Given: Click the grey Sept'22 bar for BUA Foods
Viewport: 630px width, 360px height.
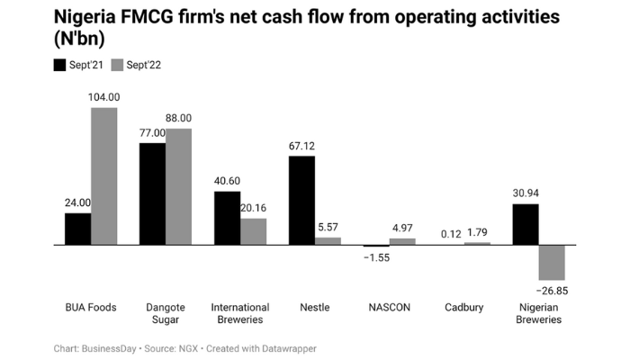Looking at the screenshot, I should pyautogui.click(x=103, y=175).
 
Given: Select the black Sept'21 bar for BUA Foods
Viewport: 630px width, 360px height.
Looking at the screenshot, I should pyautogui.click(x=77, y=229).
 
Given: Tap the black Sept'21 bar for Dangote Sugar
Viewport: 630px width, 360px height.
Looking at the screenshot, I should pyautogui.click(x=152, y=193).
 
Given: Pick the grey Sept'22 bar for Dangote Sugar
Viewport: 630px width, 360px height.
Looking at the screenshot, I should pyautogui.click(x=178, y=186).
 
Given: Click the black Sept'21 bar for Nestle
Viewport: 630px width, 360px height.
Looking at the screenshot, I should pyautogui.click(x=301, y=200).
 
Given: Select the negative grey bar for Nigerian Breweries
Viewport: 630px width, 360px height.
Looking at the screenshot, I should pyautogui.click(x=551, y=262).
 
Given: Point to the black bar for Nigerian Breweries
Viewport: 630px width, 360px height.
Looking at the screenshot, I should pyautogui.click(x=525, y=224).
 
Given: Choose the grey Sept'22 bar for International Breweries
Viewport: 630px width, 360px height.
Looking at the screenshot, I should pyautogui.click(x=253, y=231).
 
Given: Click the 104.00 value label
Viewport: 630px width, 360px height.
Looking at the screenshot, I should pyautogui.click(x=104, y=96).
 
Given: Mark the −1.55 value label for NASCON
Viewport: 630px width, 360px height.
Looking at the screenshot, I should pyautogui.click(x=376, y=257).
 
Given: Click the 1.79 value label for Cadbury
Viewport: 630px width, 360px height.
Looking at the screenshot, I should pyautogui.click(x=478, y=233).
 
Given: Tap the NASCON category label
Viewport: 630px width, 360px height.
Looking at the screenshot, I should pyautogui.click(x=390, y=307).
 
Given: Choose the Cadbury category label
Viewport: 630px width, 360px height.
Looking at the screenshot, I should pyautogui.click(x=464, y=307).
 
